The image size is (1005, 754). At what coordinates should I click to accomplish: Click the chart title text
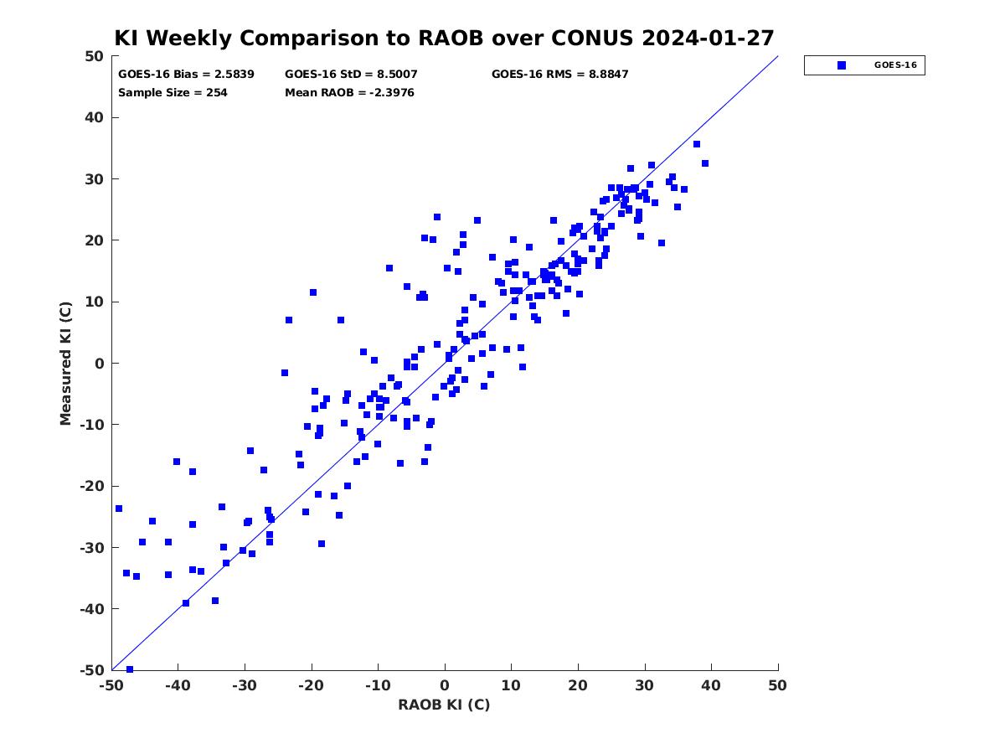444,38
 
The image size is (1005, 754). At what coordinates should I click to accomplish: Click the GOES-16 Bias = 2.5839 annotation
186,75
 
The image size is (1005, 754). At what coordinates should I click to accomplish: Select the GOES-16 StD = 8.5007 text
351,75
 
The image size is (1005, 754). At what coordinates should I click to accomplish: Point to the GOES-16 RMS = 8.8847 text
559,75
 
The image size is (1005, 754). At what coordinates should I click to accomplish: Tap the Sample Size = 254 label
173,93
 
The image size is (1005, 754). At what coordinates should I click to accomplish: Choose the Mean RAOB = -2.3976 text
349,93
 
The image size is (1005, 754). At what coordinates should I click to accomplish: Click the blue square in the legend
841,65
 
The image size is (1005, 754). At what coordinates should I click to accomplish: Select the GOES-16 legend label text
895,65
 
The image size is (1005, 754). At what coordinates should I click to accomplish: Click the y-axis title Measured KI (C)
65,363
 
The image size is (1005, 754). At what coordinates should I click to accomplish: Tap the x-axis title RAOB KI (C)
444,704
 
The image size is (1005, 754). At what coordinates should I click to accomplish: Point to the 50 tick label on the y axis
95,56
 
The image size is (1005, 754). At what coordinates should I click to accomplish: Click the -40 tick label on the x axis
178,685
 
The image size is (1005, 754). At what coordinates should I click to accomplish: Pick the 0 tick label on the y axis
100,364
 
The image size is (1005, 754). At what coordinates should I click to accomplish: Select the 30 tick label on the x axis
644,685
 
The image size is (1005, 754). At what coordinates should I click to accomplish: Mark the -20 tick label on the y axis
91,486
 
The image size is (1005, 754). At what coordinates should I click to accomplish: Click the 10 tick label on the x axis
511,685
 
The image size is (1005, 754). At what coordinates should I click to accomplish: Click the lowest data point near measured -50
130,669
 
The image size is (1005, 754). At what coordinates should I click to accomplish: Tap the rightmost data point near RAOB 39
704,163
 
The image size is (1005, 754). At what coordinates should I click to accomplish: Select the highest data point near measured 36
697,144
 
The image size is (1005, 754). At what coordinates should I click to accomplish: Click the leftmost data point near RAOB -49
119,509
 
